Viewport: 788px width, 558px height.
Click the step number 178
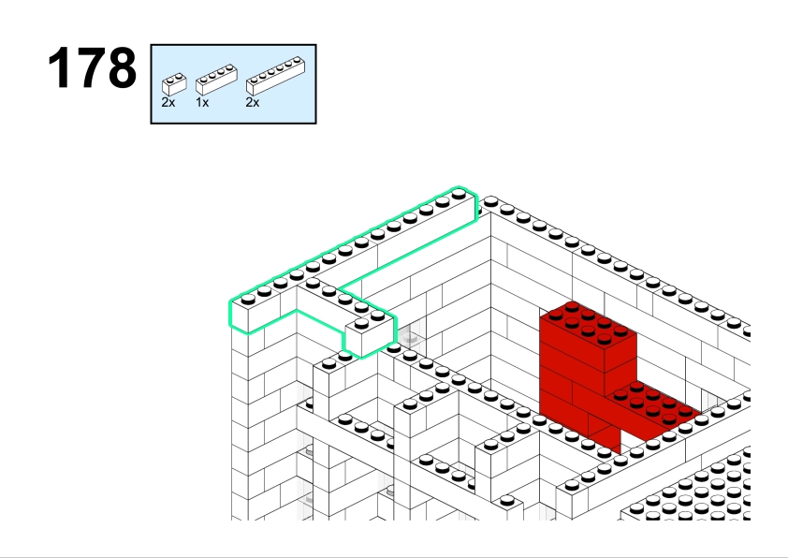pyautogui.click(x=92, y=67)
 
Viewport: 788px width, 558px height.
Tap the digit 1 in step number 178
pyautogui.click(x=60, y=67)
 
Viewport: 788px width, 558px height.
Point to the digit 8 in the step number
pyautogui.click(x=122, y=67)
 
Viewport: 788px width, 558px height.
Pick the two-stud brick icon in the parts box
pyautogui.click(x=174, y=84)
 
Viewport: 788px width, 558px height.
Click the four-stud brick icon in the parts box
pyautogui.click(x=216, y=80)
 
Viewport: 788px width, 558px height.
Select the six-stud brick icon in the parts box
pyautogui.click(x=275, y=76)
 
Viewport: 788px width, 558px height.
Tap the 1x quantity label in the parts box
pyautogui.click(x=202, y=103)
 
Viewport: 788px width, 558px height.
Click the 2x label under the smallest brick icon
pyautogui.click(x=168, y=103)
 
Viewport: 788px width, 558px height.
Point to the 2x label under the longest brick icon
pyautogui.click(x=253, y=103)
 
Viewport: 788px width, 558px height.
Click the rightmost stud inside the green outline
pyautogui.click(x=459, y=195)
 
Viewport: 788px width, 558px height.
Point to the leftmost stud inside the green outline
pyautogui.click(x=248, y=300)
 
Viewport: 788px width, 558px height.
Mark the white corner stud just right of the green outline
pyautogui.click(x=491, y=202)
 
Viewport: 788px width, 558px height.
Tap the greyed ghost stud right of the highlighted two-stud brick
pyautogui.click(x=411, y=337)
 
